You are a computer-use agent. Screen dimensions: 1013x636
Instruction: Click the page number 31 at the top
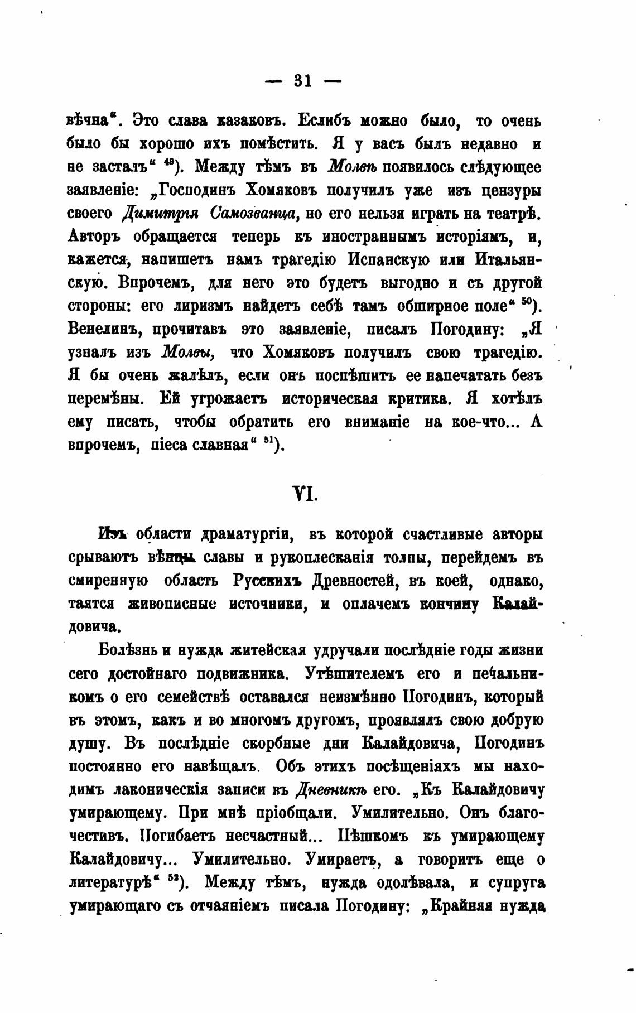(302, 81)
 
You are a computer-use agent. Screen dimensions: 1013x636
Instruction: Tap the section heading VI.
(305, 493)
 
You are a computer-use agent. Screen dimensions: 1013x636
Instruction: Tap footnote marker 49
(168, 163)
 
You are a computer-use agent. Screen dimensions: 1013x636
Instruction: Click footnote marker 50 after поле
(526, 303)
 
